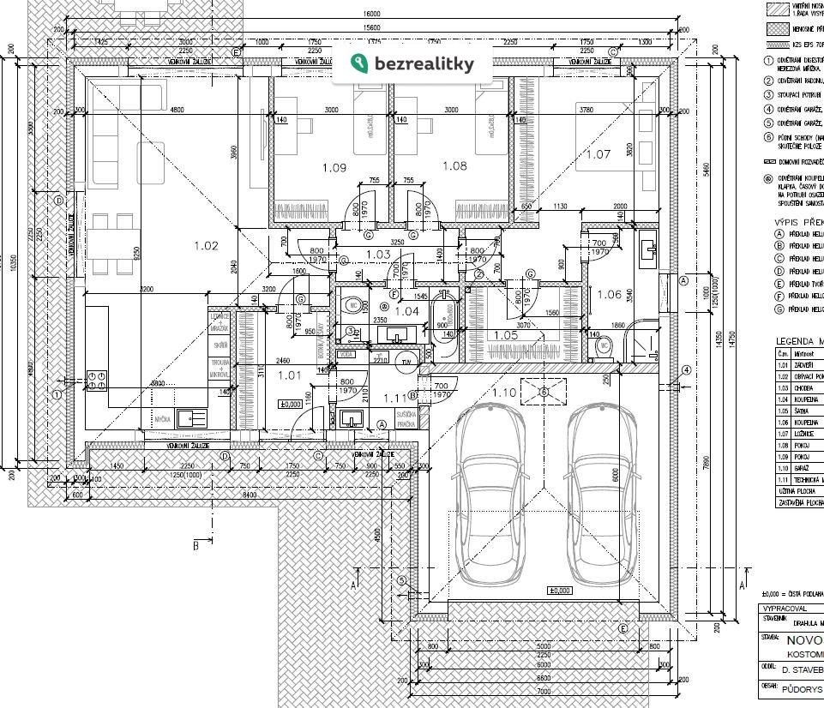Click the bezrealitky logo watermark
412,63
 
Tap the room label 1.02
206,246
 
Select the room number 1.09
334,168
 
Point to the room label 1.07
598,154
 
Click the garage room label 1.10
505,393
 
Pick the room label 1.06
609,294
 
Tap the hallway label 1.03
378,255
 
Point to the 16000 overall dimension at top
371,15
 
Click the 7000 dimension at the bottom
544,691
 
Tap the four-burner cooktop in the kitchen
97,381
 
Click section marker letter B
195,545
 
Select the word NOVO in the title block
804,641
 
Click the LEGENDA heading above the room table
798,341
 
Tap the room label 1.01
291,375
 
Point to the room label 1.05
507,335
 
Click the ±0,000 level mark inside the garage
559,591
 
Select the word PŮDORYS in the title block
802,688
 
